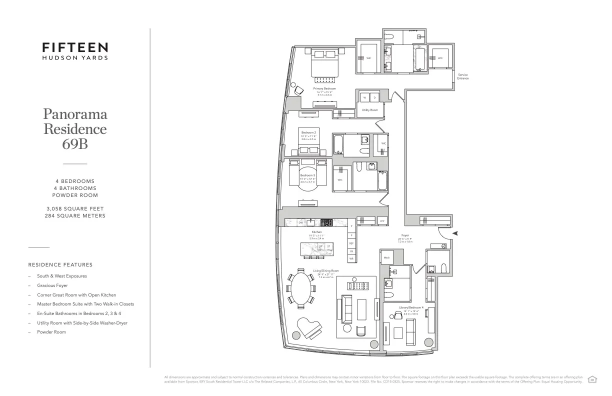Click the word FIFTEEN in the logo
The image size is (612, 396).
75,47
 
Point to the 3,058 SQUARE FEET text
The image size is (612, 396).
75,208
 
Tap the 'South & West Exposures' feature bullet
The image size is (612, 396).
62,276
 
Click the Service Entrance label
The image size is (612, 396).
462,76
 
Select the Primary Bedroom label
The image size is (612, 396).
325,88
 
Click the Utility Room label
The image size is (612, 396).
369,109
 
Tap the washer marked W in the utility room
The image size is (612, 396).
364,97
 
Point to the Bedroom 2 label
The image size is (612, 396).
308,132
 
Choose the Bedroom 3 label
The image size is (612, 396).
307,175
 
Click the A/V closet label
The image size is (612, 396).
382,220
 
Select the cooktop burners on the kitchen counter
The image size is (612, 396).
327,222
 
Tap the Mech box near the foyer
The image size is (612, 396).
386,257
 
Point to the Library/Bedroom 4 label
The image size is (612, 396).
405,308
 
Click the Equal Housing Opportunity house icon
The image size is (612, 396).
593,378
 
